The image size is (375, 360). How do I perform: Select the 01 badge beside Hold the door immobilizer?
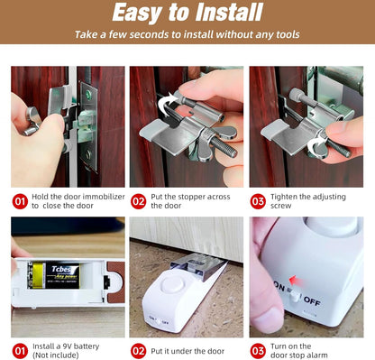coord(19,200)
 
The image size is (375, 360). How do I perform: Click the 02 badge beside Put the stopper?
coord(138,200)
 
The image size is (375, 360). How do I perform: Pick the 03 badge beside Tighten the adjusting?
coord(257,200)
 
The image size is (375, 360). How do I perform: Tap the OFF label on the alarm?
coord(310,300)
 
